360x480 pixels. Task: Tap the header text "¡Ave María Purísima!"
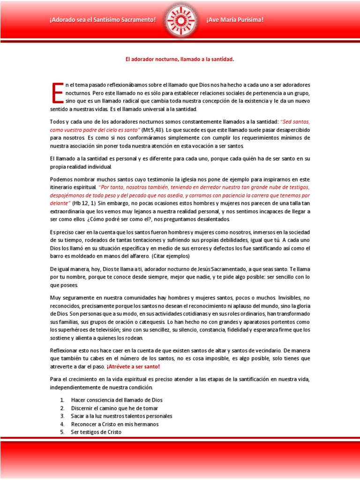(234, 20)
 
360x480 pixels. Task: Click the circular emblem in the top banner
(180, 19)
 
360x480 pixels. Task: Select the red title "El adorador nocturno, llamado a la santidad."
(180, 60)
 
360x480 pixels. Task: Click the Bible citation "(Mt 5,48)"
(152, 130)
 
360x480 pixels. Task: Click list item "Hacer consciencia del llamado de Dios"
(117, 400)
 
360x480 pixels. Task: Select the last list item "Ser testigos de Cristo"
(96, 432)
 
